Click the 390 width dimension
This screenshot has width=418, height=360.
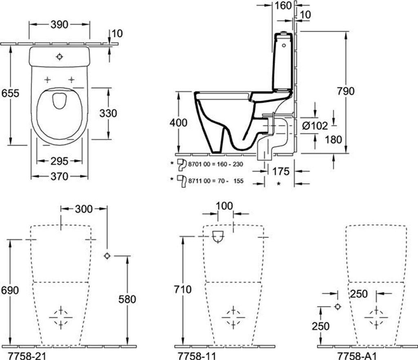(60, 24)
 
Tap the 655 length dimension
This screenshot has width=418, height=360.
(10, 93)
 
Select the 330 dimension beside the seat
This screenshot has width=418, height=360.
(108, 113)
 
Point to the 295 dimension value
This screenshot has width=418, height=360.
(60, 161)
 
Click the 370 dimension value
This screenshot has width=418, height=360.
(60, 176)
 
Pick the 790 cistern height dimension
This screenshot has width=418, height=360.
(346, 91)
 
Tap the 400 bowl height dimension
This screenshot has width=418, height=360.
(178, 123)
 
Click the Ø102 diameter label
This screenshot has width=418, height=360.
(315, 125)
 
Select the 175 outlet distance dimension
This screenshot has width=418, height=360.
(281, 171)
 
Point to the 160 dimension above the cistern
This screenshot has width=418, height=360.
(283, 6)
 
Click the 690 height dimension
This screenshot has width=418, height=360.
(10, 290)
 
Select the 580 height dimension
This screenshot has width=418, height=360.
(127, 299)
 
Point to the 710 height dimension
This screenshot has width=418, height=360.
(182, 289)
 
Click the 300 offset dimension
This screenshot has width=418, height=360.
(84, 209)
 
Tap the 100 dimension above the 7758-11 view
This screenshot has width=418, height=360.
(224, 206)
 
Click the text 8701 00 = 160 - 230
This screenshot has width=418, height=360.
(216, 164)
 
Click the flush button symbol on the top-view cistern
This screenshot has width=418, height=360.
(60, 56)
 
